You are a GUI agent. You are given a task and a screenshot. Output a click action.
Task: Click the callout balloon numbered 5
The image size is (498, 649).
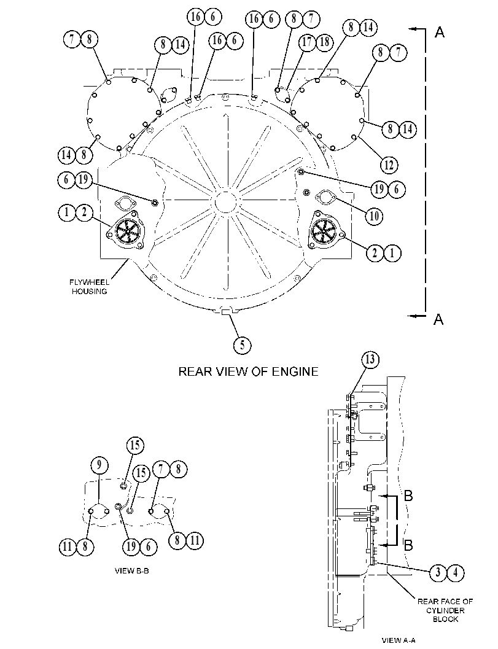point(242,345)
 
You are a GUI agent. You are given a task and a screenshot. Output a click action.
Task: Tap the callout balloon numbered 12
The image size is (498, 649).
point(389,165)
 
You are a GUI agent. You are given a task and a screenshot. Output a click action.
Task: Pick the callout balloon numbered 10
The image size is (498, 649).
point(374,216)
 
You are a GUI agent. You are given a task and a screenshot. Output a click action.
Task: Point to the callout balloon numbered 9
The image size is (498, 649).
point(99,465)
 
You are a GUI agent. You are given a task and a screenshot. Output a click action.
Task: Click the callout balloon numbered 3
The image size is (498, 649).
point(438,573)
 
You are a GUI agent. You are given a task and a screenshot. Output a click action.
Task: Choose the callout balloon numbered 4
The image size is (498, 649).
point(456,573)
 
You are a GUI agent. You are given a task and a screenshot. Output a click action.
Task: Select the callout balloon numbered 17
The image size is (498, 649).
point(307,42)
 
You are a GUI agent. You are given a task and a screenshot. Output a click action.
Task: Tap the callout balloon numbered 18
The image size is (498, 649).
point(325,42)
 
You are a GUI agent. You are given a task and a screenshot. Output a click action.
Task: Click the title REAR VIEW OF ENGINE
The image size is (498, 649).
point(248,371)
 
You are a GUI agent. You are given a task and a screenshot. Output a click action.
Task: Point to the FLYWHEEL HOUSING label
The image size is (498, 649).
point(90,287)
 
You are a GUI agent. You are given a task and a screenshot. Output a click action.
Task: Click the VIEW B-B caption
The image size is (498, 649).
point(131,571)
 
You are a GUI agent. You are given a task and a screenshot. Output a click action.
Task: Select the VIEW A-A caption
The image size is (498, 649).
point(399,640)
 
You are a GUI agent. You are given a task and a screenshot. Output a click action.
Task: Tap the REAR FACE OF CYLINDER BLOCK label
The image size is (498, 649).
point(445,610)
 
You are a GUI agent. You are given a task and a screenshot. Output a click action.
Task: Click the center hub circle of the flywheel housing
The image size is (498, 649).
point(225,201)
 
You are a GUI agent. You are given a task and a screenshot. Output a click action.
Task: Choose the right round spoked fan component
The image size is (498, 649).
point(324,230)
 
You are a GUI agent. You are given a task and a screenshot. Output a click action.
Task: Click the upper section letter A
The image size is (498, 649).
point(440,33)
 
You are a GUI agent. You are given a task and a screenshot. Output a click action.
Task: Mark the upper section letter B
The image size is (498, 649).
point(408,495)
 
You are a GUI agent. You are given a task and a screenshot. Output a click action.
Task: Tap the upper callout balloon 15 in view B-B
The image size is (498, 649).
point(135,445)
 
